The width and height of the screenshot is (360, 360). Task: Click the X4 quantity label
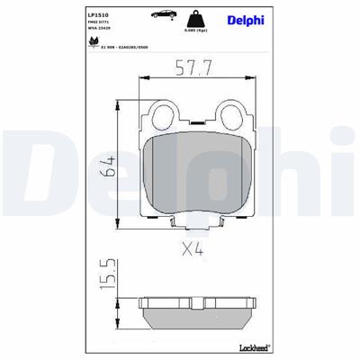point(191,249)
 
